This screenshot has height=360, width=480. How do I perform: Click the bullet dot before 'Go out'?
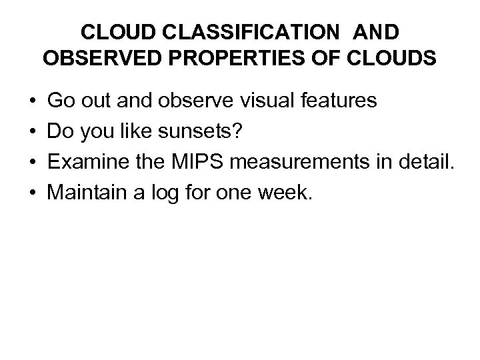(x=33, y=101)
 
